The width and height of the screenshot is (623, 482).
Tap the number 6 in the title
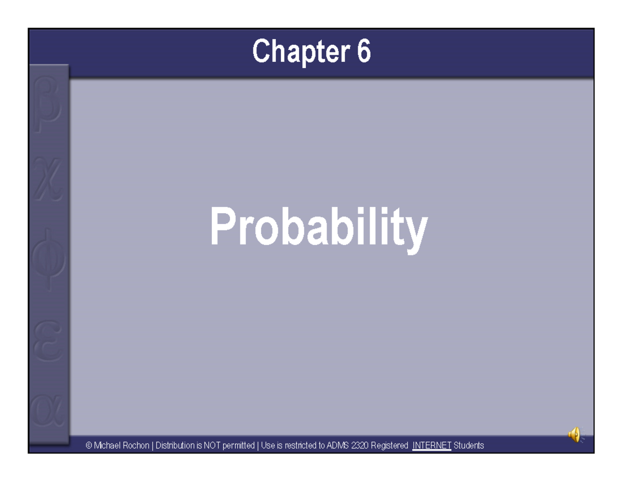[363, 52]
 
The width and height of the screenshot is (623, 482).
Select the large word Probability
[319, 228]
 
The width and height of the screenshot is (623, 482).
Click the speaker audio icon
[574, 434]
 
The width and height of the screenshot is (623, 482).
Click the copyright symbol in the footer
[89, 446]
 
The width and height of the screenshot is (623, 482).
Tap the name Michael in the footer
[107, 446]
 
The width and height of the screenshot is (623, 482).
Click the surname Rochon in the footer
[136, 446]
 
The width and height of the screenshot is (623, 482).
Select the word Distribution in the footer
[175, 446]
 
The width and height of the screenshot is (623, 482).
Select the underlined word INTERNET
[431, 446]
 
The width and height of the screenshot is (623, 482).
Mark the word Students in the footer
[469, 446]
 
